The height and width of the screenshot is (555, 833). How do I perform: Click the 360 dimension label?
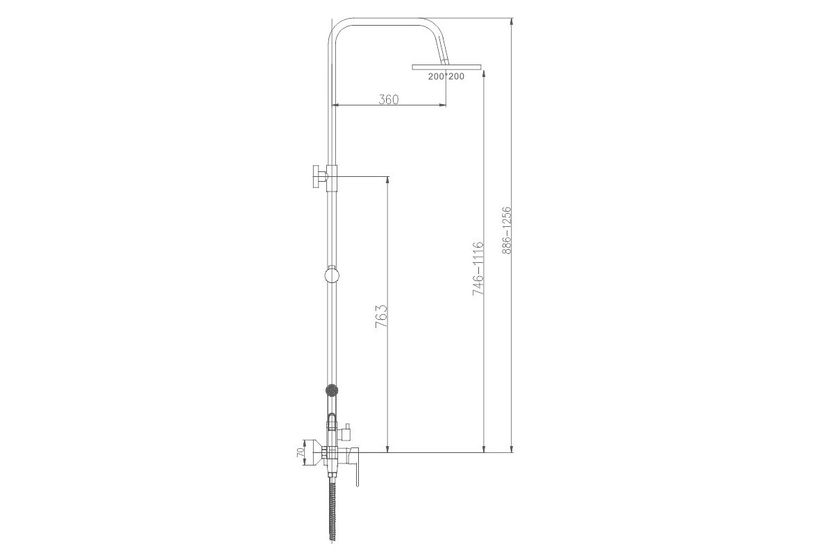coord(388,99)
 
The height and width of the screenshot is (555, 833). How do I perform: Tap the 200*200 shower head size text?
coord(446,76)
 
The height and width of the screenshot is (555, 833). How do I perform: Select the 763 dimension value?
coord(382,316)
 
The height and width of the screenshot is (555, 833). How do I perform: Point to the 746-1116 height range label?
coord(478,268)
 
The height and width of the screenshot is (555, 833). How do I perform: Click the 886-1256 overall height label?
coord(507,230)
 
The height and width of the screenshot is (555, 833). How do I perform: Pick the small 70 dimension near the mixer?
coord(300,452)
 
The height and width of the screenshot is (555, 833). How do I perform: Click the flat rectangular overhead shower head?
coord(446,67)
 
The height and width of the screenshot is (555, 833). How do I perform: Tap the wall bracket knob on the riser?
coord(320,177)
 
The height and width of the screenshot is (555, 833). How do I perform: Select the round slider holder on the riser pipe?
coord(332,275)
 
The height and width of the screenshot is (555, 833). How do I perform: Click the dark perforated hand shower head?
coord(332,390)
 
